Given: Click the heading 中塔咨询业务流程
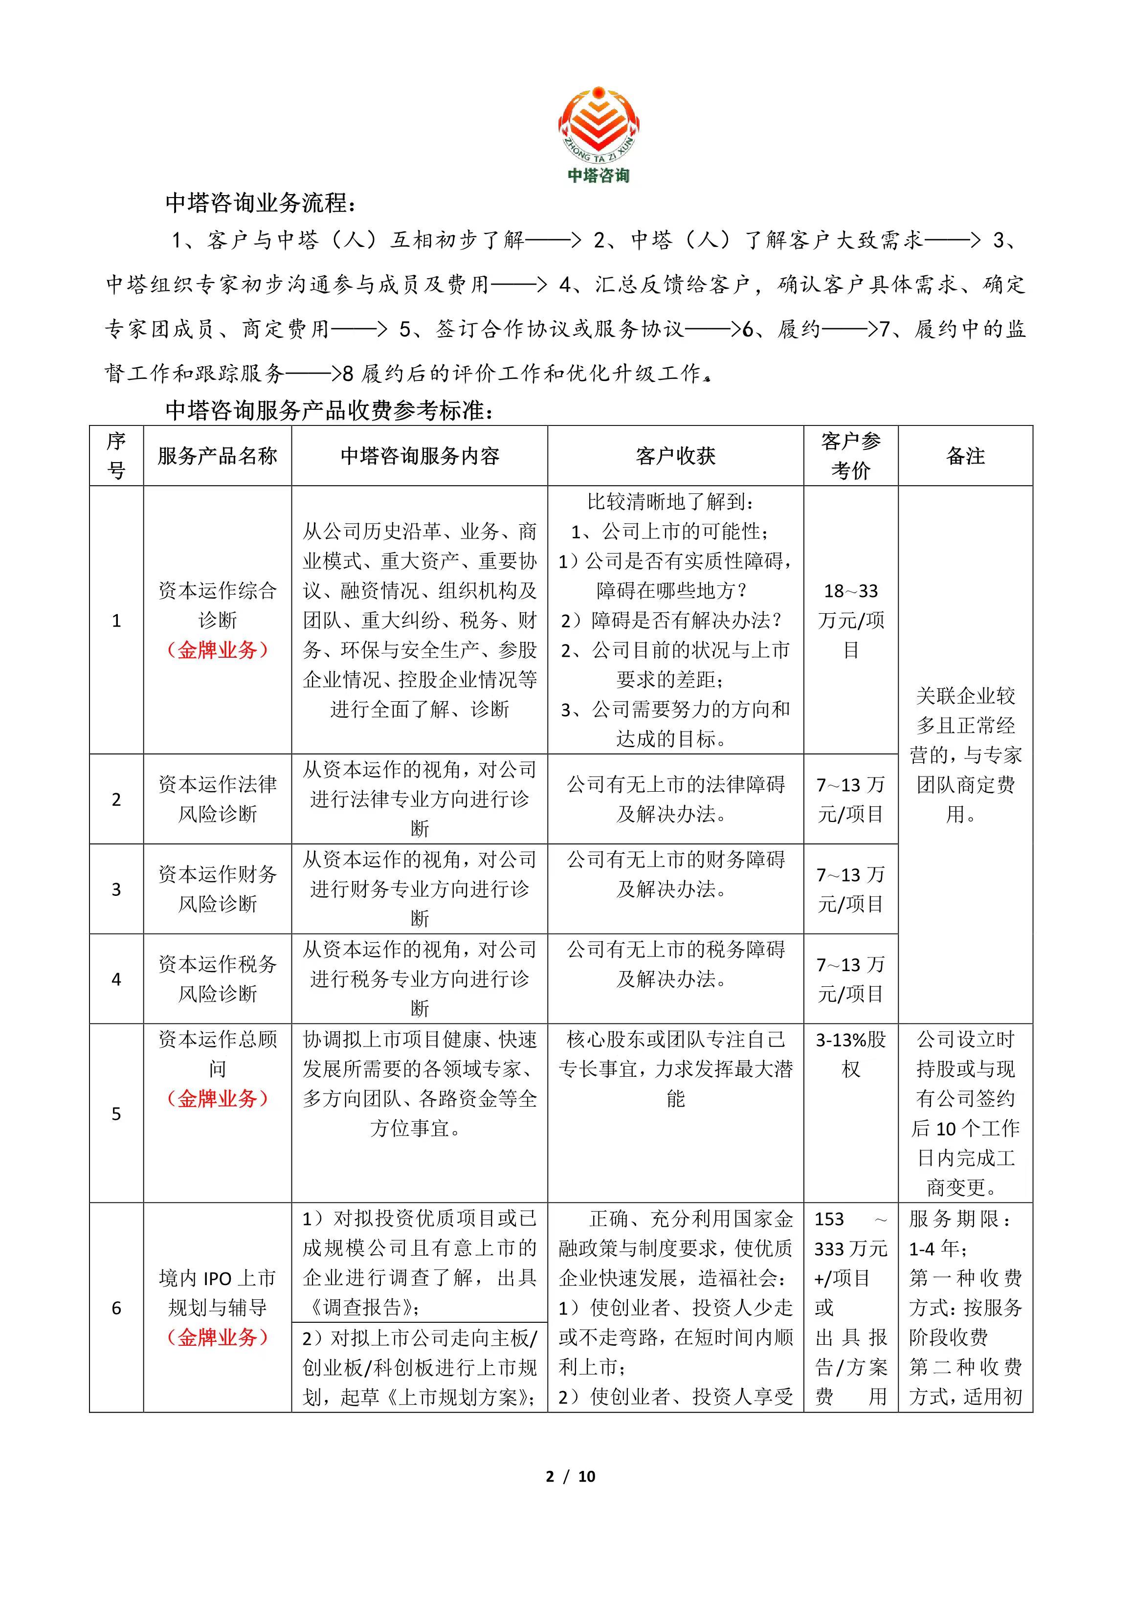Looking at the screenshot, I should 261,203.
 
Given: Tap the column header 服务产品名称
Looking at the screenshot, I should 217,456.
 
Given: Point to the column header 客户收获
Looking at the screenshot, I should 675,456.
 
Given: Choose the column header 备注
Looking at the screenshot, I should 965,456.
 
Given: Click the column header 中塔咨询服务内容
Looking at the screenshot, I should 419,456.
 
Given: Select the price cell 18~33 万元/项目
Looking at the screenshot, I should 850,620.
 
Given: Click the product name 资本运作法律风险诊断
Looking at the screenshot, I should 217,799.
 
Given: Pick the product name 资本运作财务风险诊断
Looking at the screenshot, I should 217,889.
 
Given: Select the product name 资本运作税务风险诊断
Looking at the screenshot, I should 217,978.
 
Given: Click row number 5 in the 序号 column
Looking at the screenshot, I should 116,1113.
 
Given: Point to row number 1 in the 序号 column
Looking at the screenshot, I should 116,620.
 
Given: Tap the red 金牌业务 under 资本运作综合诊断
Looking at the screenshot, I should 217,650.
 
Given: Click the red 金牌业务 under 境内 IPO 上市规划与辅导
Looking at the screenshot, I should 217,1337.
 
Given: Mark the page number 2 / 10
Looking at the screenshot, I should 571,1476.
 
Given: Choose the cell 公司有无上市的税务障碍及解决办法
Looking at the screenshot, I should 675,964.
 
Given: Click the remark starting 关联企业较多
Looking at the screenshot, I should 965,755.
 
